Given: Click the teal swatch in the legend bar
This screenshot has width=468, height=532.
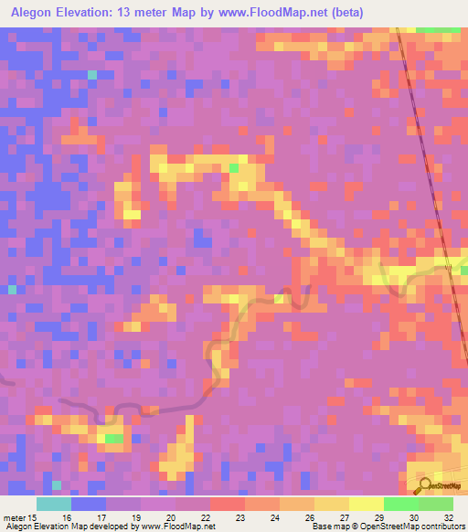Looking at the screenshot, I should [x=54, y=504].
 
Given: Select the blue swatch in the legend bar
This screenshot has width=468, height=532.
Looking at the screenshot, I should [x=89, y=504].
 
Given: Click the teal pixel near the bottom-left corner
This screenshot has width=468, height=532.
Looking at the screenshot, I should [x=57, y=484].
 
